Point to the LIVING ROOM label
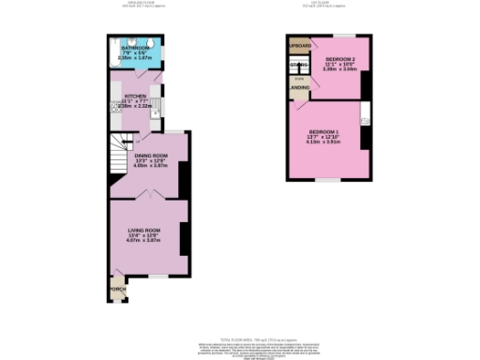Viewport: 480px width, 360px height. (x=145, y=230)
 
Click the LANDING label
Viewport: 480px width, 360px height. (x=300, y=88)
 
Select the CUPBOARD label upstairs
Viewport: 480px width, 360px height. (x=299, y=45)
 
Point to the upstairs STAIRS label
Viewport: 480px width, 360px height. (x=300, y=65)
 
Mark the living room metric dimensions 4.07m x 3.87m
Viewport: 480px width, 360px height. (x=145, y=241)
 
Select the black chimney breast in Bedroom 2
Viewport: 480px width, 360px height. (x=366, y=84)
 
